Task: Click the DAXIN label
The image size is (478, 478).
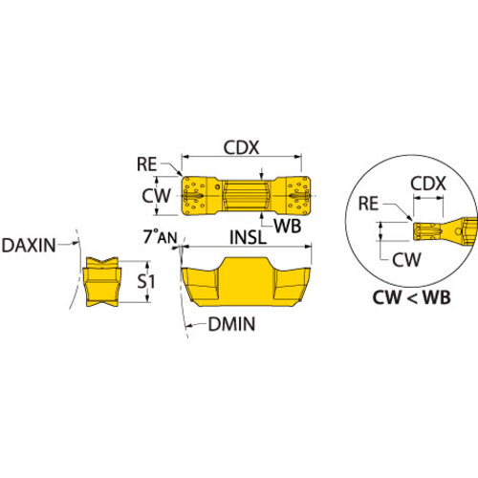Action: pos(29,246)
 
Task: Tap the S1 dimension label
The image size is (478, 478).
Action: pos(146,281)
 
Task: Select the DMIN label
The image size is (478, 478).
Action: pos(231,324)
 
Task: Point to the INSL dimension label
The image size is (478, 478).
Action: pos(248,237)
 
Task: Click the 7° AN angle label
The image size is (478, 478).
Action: pos(160,236)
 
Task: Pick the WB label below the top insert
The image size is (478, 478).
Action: pos(288,226)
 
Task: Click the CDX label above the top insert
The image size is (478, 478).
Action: pos(241,147)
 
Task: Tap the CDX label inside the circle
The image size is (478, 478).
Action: pos(428,184)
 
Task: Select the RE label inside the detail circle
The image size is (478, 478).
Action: pos(368,204)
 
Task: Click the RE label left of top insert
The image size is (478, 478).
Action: pos(146,164)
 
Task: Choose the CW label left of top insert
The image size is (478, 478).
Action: pos(156,196)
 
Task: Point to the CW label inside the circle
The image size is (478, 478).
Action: pos(406,260)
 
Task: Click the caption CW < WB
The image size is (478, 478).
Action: pos(411,297)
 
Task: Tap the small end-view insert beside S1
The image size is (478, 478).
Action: pos(101,282)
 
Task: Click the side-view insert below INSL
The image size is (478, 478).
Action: pos(246,282)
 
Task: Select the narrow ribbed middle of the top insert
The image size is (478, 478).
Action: pos(247,195)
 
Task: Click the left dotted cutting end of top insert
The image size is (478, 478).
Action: pos(194,196)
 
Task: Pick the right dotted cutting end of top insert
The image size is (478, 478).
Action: pos(298,196)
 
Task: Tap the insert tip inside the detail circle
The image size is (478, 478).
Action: pos(427,231)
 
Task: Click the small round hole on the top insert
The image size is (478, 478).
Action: pos(217,187)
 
